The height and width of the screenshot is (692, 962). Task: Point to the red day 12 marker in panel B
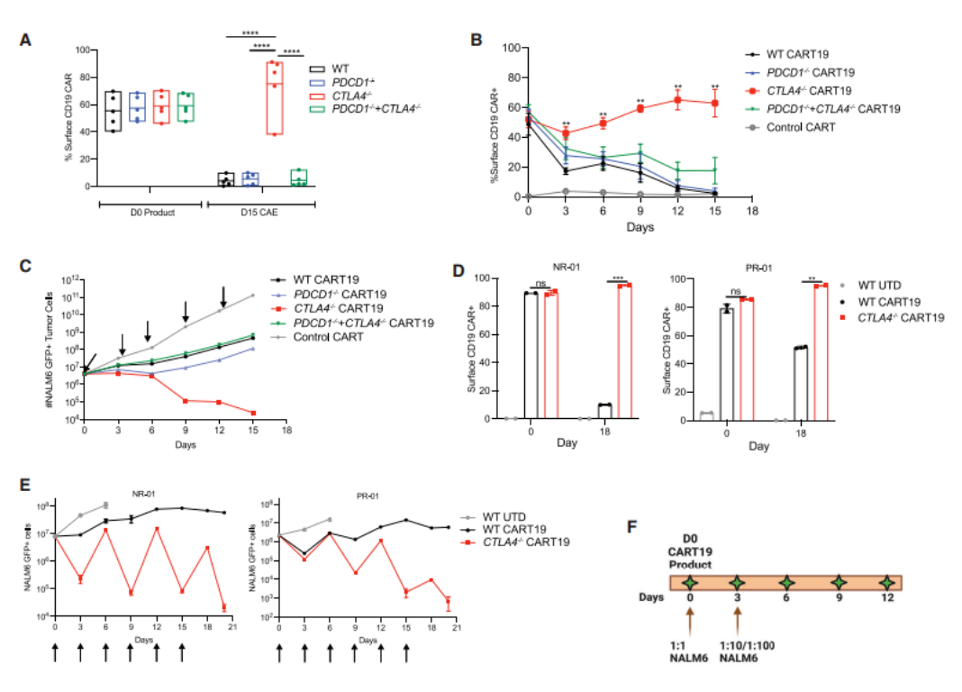click(677, 100)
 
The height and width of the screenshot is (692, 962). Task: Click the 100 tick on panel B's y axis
click(513, 48)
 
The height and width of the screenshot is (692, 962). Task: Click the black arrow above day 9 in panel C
click(186, 311)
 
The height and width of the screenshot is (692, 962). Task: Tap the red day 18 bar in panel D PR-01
click(820, 351)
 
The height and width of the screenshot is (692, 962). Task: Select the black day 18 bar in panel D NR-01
click(603, 412)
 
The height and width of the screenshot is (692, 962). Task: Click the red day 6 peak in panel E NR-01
click(106, 531)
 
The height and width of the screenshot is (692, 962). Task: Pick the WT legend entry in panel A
click(334, 68)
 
